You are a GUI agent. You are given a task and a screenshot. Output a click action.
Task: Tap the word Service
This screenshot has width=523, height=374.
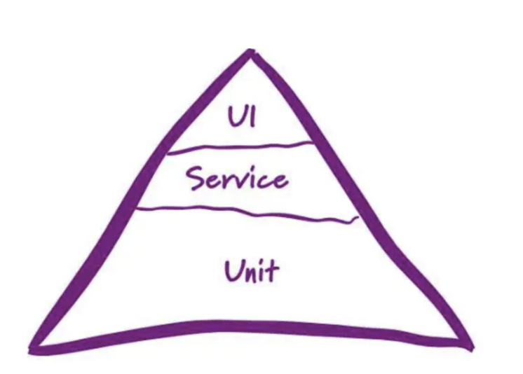(x=236, y=179)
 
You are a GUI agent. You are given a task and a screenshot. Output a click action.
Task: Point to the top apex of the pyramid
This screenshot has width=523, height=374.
(x=250, y=53)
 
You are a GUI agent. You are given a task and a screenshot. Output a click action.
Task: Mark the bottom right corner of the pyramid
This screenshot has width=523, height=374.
(x=468, y=345)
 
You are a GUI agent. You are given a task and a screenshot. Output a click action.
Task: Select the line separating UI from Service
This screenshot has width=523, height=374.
(x=238, y=147)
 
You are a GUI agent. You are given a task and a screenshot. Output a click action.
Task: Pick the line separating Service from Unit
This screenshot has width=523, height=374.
(x=245, y=212)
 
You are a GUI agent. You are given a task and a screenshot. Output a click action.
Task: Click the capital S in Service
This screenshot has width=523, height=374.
(x=196, y=179)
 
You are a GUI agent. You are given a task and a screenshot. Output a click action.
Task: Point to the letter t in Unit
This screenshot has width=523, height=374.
(x=272, y=270)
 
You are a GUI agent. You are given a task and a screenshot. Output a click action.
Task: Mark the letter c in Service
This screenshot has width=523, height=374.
(x=264, y=181)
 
